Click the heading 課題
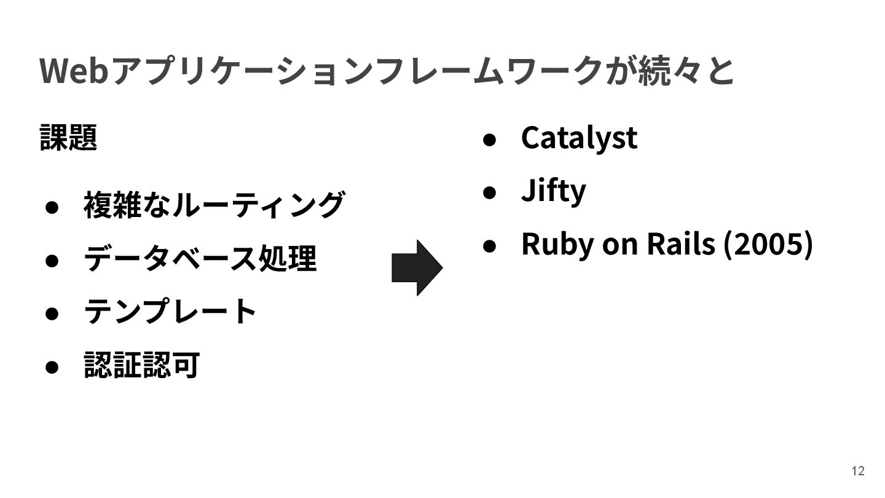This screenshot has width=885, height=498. pos(68,136)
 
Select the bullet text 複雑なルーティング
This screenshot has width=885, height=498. pos(213,205)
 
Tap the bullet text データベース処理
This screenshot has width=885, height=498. pos(200,258)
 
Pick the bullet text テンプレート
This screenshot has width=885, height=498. pos(170,312)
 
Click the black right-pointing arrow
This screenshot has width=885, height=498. pos(417,268)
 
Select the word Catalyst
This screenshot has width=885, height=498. pos(578,137)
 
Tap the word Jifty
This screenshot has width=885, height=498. pos(553,190)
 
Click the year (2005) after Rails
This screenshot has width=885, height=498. pos(768,243)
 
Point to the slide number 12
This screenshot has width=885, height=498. pos(858,471)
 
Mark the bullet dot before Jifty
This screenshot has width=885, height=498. pos(489,192)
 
